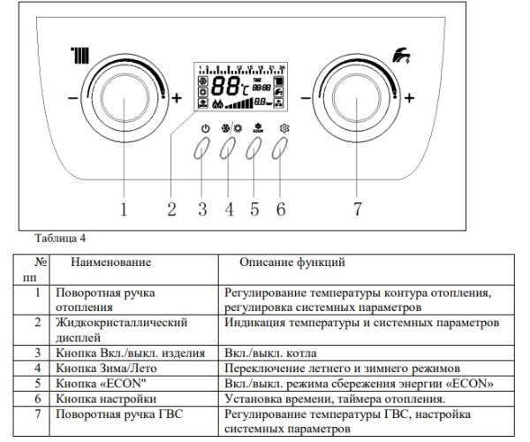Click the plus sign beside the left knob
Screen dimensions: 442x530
pyautogui.click(x=177, y=98)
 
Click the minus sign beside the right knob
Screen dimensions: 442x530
pyautogui.click(x=306, y=98)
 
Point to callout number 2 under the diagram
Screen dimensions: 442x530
pyautogui.click(x=171, y=210)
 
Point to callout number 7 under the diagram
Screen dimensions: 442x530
pyautogui.click(x=357, y=210)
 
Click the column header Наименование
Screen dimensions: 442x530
pyautogui.click(x=111, y=263)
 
